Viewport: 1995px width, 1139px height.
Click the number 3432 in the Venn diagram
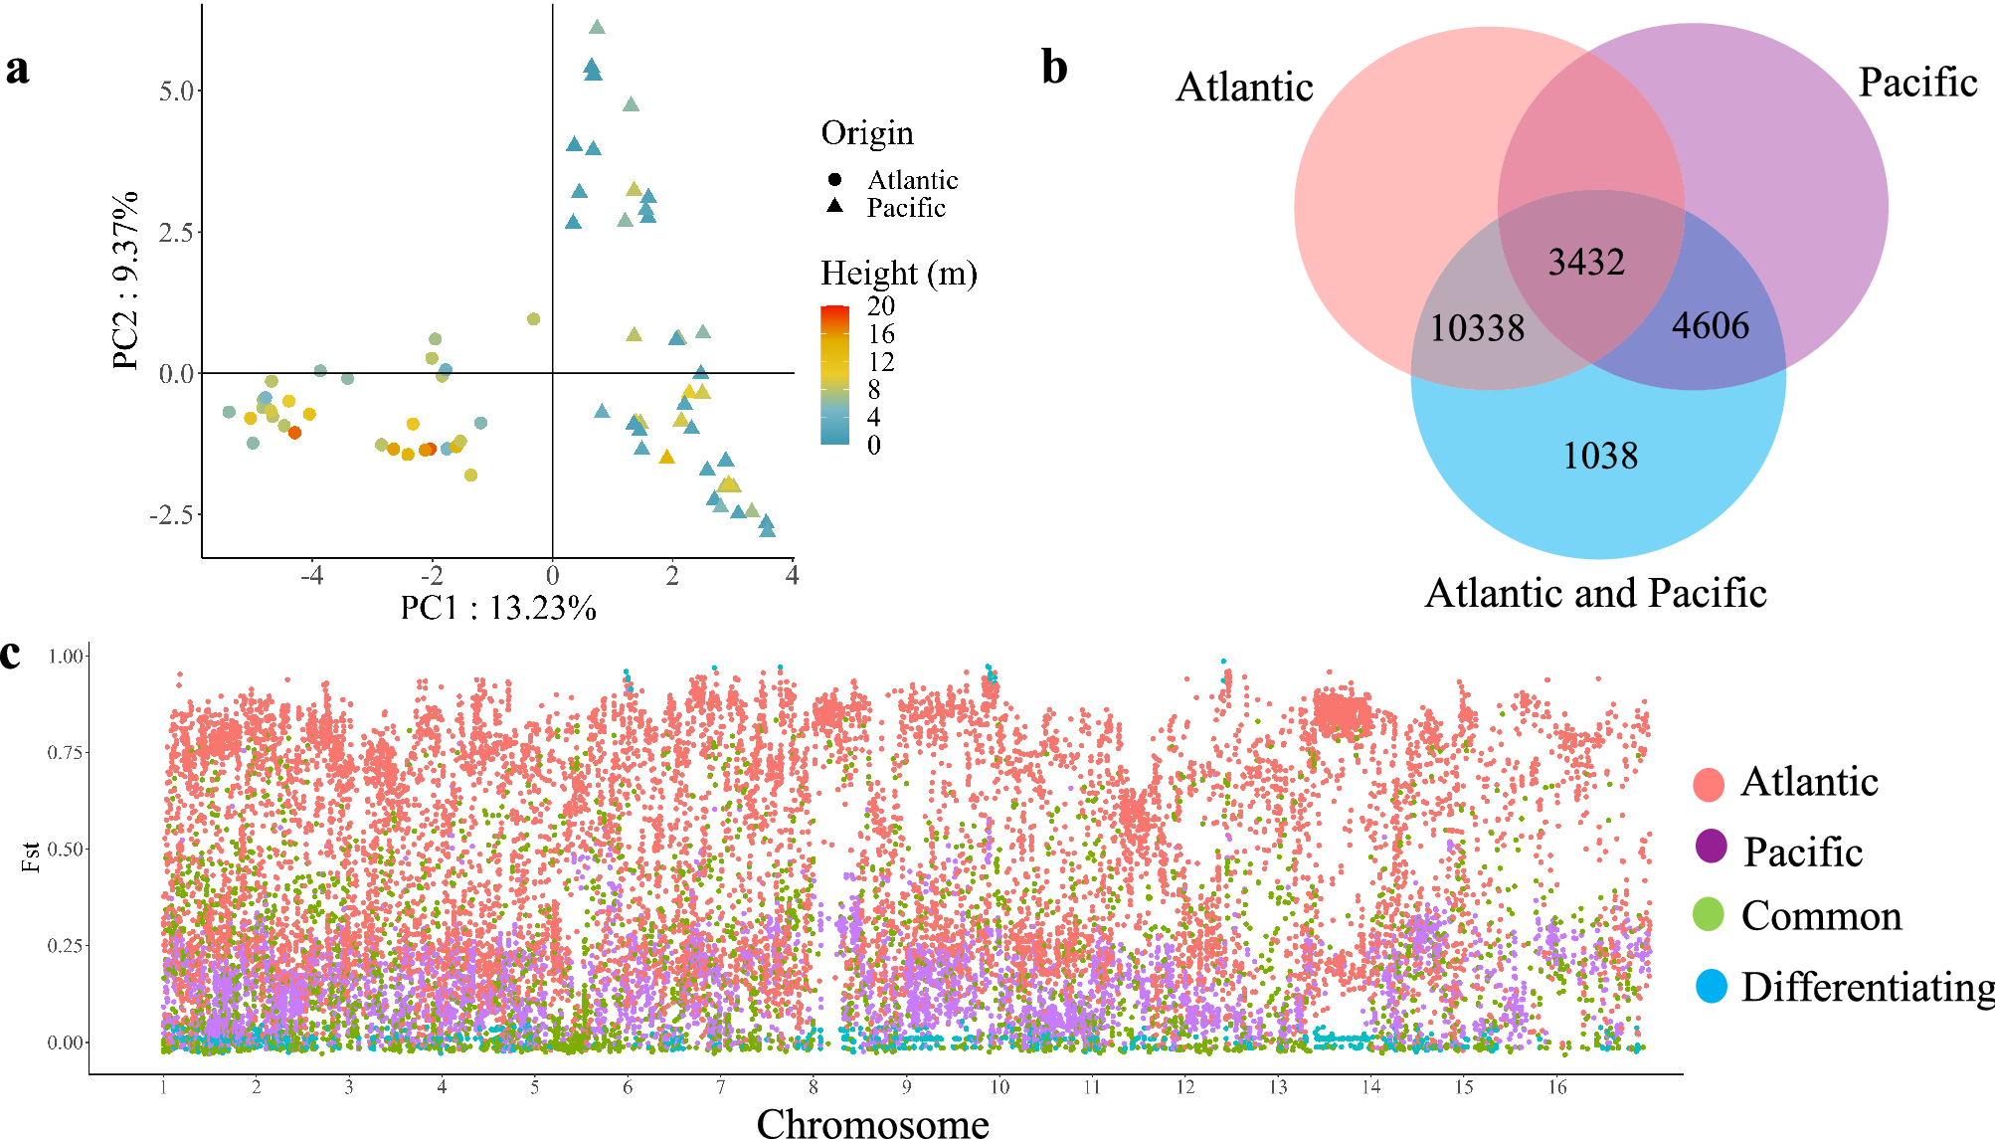tap(1586, 263)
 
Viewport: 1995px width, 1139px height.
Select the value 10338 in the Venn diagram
tap(1477, 328)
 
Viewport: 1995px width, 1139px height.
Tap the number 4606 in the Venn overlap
tap(1710, 326)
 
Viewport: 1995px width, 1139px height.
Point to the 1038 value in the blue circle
tap(1600, 457)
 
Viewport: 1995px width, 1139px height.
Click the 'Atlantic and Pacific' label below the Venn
tap(1595, 594)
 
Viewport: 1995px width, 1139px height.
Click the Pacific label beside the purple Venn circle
tap(1916, 83)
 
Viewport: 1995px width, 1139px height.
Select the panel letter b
tap(1054, 68)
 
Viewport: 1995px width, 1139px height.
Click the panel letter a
tap(17, 70)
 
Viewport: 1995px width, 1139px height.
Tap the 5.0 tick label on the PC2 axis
tap(176, 92)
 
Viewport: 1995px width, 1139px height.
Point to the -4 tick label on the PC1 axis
tap(312, 576)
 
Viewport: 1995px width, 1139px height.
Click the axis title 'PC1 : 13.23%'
tap(498, 608)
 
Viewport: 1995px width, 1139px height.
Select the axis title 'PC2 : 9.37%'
tap(125, 282)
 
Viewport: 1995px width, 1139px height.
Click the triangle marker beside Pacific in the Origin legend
tap(834, 206)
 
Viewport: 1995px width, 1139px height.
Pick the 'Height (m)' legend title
tap(898, 273)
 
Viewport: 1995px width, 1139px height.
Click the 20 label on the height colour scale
tap(880, 306)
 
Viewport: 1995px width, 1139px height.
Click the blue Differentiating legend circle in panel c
tap(1711, 986)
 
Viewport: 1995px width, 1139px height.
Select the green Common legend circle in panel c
tap(1709, 914)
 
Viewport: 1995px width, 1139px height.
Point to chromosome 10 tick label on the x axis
tap(998, 1088)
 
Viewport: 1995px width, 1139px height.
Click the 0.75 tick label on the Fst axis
tap(65, 753)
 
